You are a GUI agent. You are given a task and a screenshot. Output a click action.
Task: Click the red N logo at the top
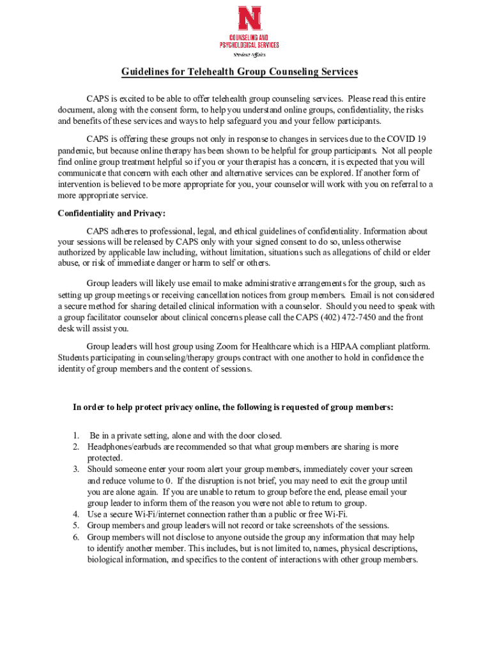click(249, 19)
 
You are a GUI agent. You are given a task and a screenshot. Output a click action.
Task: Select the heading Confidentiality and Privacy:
click(112, 213)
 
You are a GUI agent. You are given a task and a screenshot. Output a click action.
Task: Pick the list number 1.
click(76, 436)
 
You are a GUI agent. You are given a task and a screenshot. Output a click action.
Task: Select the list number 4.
click(76, 514)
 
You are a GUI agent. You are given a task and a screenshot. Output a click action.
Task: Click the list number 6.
click(76, 537)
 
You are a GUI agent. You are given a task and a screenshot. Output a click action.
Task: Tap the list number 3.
click(76, 469)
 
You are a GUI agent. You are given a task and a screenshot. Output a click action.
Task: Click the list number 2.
click(76, 447)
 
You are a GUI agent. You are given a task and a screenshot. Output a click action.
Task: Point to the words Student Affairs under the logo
click(249, 54)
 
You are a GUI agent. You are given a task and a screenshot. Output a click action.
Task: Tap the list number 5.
click(76, 526)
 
